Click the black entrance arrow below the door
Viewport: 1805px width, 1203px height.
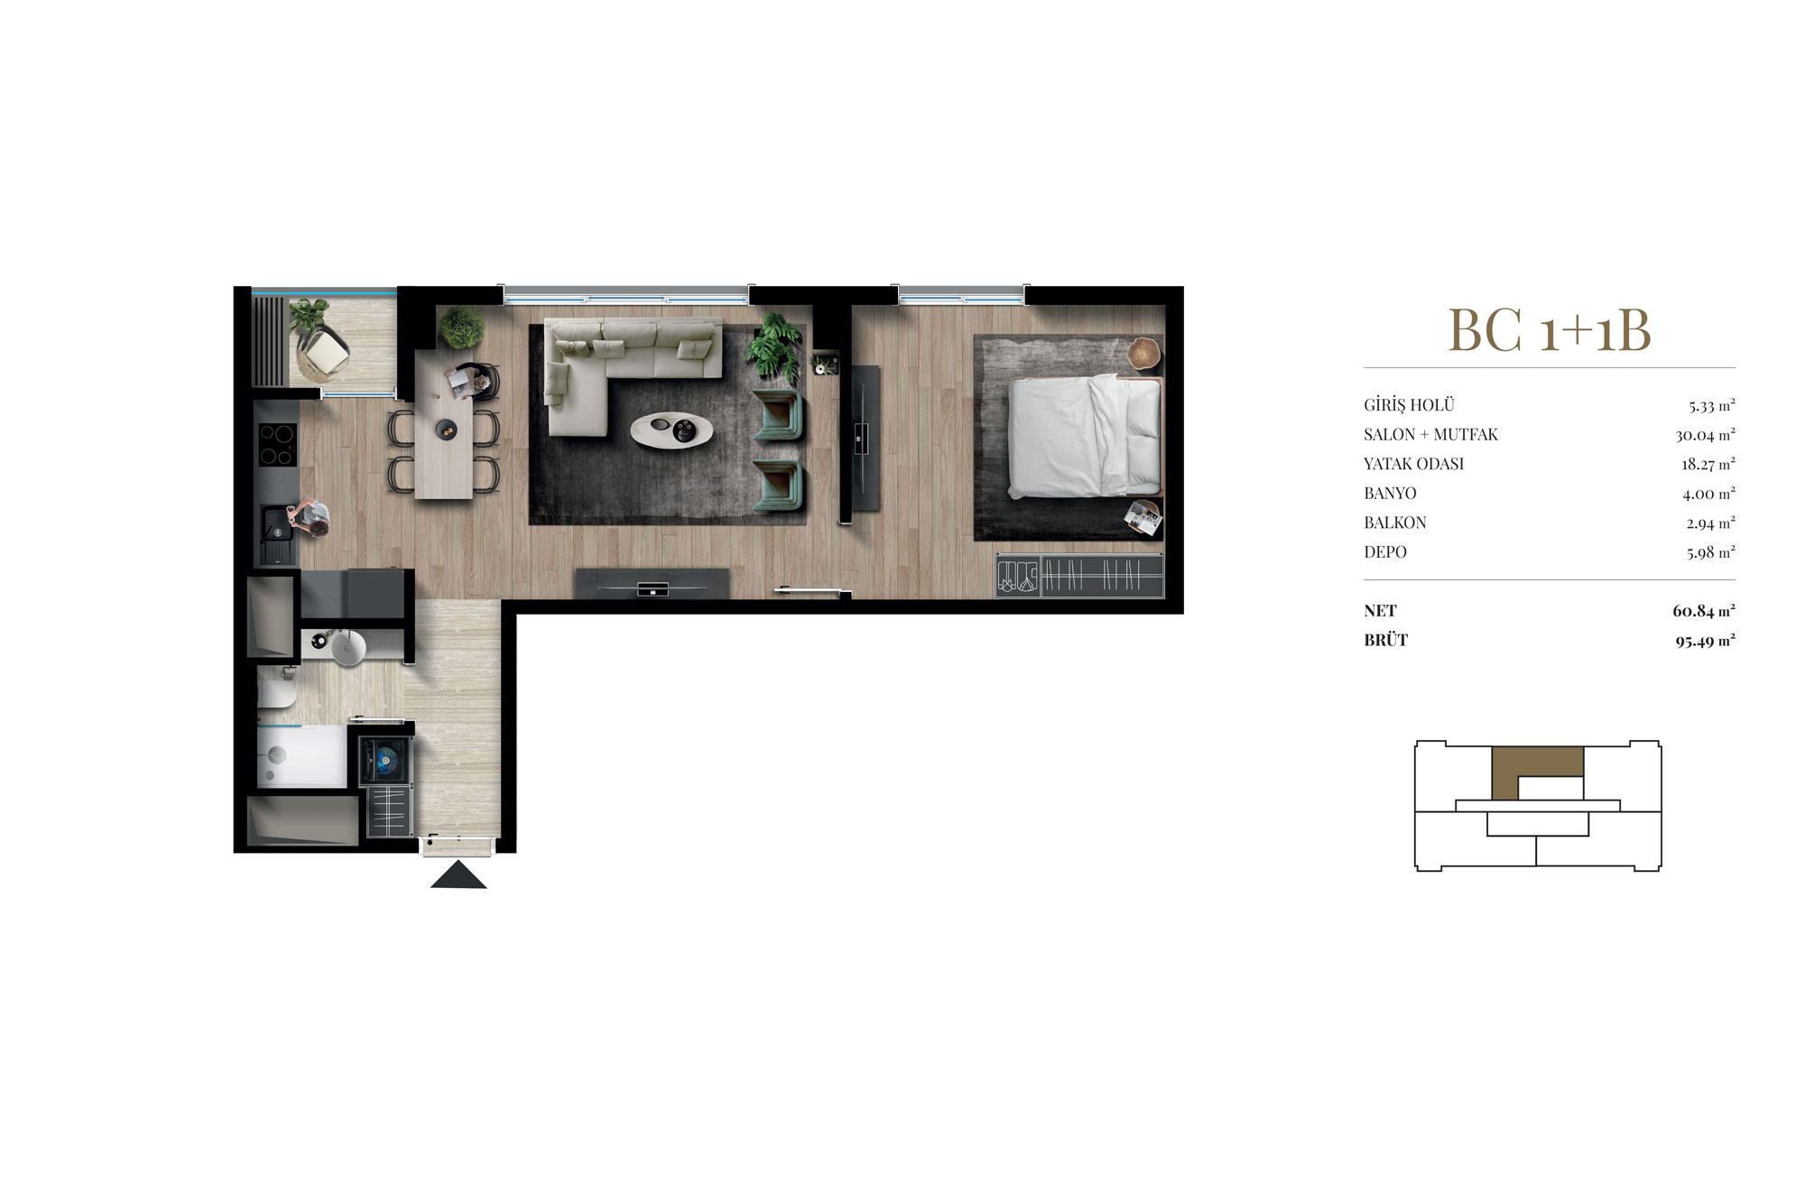point(458,875)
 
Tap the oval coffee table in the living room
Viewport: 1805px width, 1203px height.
point(671,430)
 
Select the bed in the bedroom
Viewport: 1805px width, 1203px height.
point(1084,436)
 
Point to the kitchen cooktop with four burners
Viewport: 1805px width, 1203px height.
point(276,444)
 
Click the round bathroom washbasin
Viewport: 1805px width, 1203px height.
point(348,647)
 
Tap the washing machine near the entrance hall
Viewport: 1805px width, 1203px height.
point(386,760)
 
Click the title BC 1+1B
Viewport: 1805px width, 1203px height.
point(1550,330)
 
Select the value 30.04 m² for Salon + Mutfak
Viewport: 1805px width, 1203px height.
point(1705,435)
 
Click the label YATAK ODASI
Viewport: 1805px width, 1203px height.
point(1413,464)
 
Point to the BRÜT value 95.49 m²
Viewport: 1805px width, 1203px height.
point(1705,641)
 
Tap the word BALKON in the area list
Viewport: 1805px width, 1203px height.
point(1395,523)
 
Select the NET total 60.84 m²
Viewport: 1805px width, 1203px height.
point(1704,611)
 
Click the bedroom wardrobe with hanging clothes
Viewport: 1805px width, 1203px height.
point(1079,575)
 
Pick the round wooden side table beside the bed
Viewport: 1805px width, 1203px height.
point(1144,353)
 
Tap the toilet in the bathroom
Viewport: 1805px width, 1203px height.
point(275,693)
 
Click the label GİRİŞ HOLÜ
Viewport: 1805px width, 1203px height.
point(1409,405)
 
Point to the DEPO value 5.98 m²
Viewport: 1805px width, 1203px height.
point(1710,552)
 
